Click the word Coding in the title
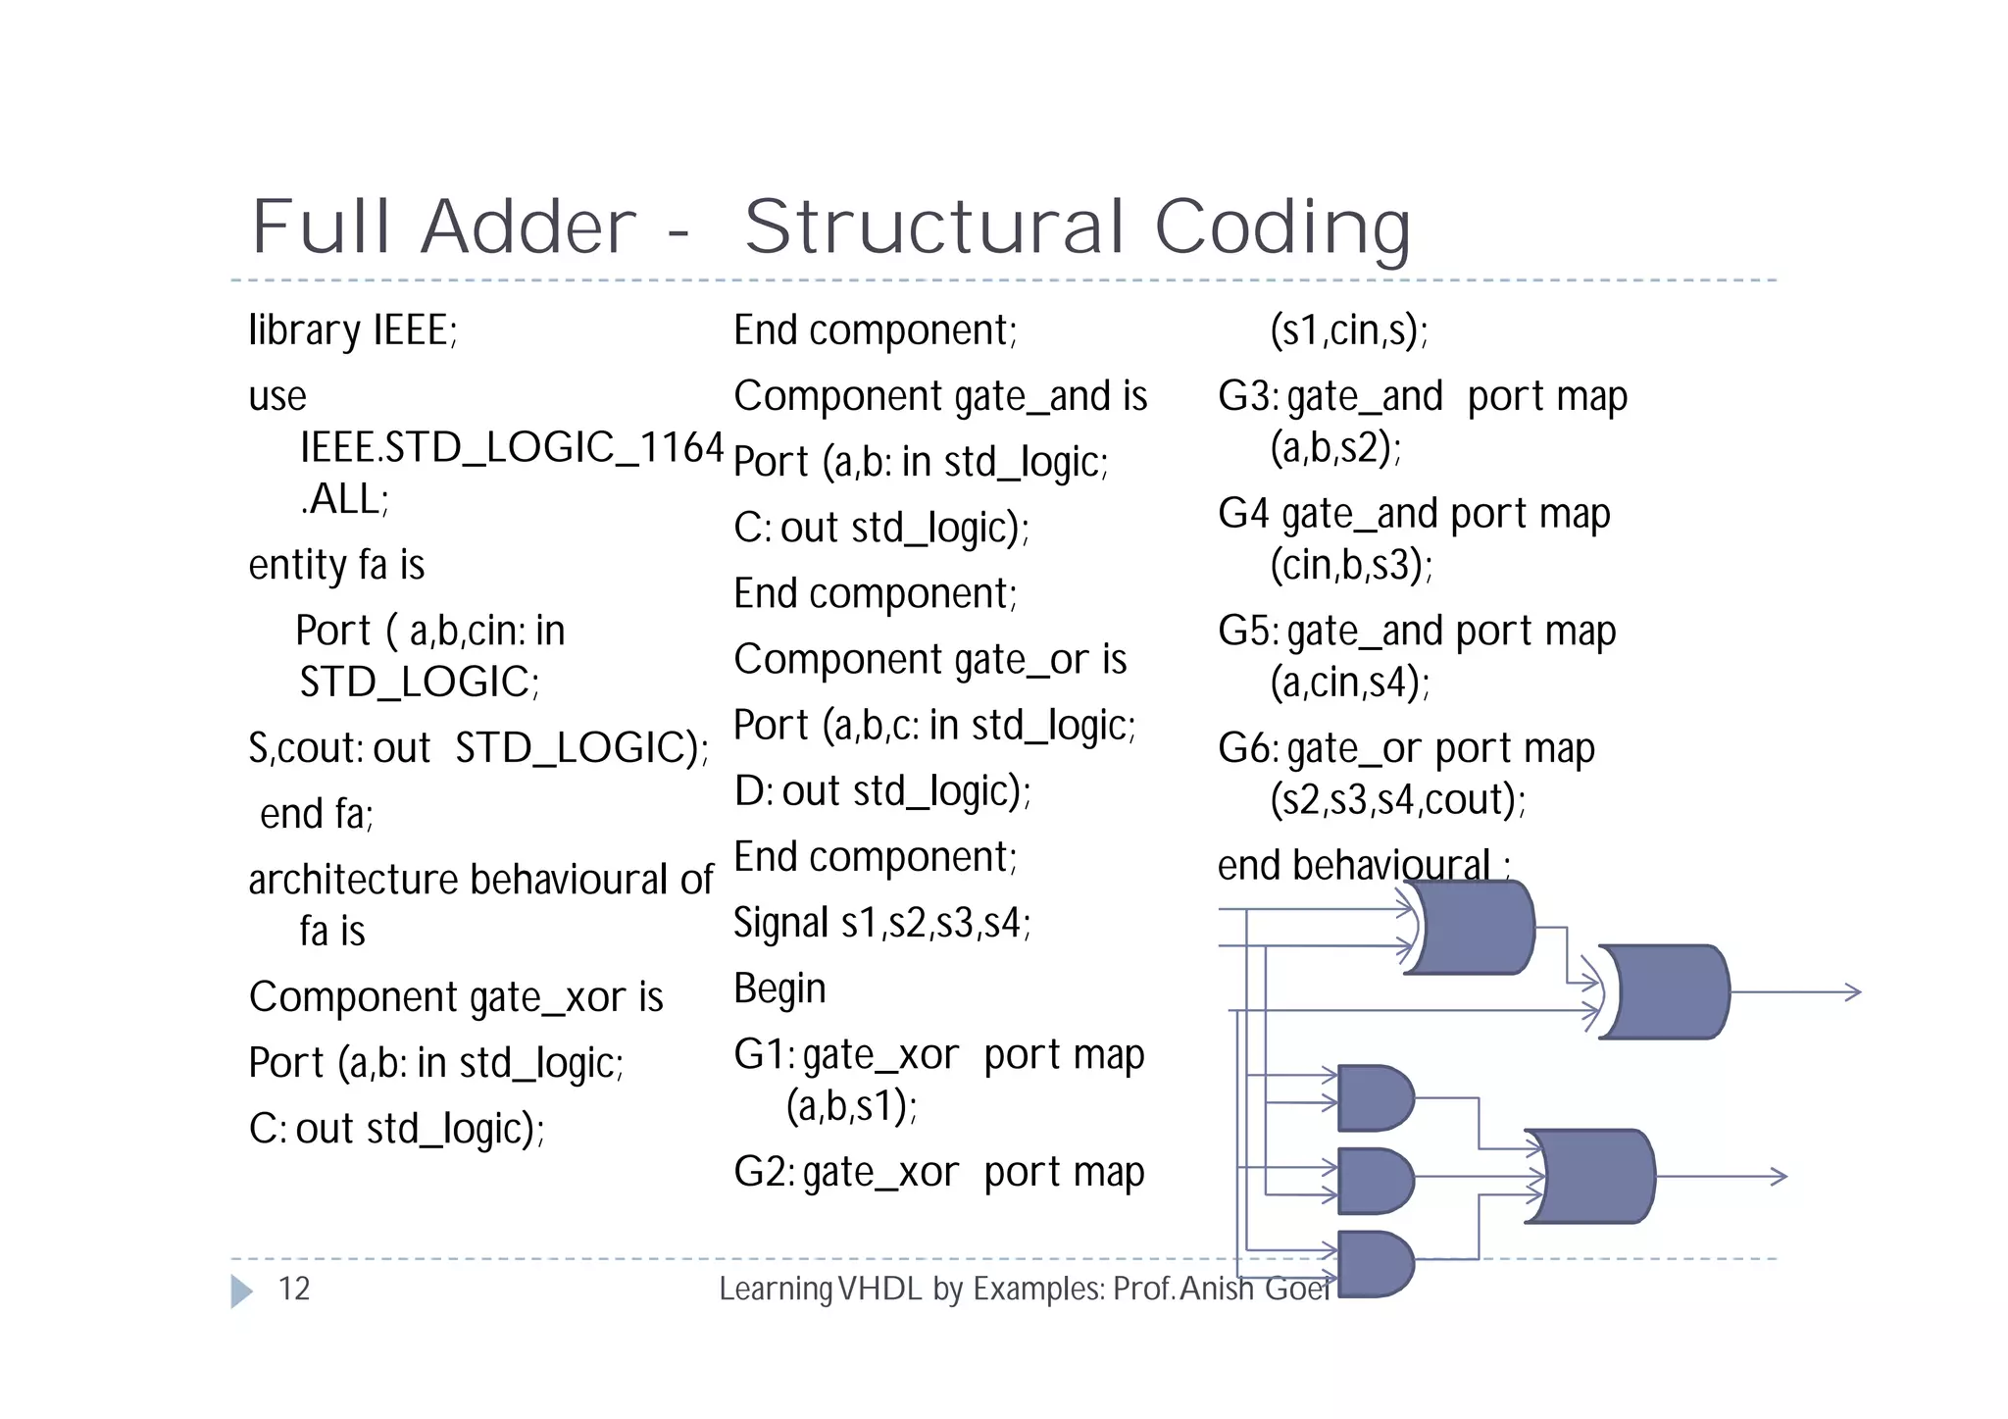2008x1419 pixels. (x=1282, y=228)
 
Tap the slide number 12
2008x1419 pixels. (x=294, y=1288)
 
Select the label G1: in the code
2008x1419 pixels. (x=765, y=1055)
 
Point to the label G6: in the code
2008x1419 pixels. (x=1248, y=749)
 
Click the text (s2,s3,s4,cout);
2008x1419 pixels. (x=1397, y=800)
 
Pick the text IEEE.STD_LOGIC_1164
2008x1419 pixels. (x=511, y=447)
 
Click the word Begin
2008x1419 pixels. (x=779, y=988)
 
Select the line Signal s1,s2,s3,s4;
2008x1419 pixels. (x=881, y=923)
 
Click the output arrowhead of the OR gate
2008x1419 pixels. (x=1779, y=1176)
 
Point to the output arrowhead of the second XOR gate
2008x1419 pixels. (x=1852, y=991)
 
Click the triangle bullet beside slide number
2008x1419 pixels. (x=241, y=1291)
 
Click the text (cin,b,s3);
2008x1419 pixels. (x=1351, y=565)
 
